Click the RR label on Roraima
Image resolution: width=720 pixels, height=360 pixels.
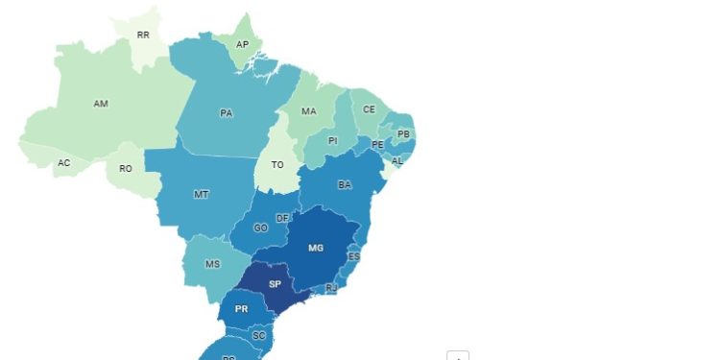pyautogui.click(x=143, y=35)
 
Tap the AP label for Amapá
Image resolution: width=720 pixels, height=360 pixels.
pyautogui.click(x=244, y=44)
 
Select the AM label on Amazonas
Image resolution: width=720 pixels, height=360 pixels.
pyautogui.click(x=101, y=104)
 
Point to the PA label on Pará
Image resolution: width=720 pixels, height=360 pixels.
pyautogui.click(x=227, y=113)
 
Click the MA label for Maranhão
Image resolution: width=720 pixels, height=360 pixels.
pyautogui.click(x=308, y=111)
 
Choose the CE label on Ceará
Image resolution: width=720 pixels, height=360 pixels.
pyautogui.click(x=369, y=109)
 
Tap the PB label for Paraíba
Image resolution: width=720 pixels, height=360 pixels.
pyautogui.click(x=403, y=133)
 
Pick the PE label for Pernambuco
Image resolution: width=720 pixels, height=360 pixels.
pyautogui.click(x=377, y=145)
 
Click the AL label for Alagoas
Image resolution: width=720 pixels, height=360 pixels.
pyautogui.click(x=397, y=161)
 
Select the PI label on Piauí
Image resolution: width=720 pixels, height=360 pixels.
pyautogui.click(x=333, y=141)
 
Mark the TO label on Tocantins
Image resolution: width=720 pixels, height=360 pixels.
pyautogui.click(x=276, y=164)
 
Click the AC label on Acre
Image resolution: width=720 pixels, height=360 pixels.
pyautogui.click(x=63, y=163)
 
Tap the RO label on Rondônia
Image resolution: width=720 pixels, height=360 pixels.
pyautogui.click(x=125, y=169)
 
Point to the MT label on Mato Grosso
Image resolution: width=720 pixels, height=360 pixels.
pyautogui.click(x=202, y=195)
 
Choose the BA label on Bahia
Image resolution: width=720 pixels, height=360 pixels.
pyautogui.click(x=345, y=184)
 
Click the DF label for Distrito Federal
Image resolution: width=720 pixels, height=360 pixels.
pyautogui.click(x=282, y=219)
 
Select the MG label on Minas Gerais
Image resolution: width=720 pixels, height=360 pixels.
pyautogui.click(x=316, y=248)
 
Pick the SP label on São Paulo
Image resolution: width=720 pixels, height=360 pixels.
pyautogui.click(x=275, y=285)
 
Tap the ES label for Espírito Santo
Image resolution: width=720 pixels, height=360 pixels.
pyautogui.click(x=354, y=257)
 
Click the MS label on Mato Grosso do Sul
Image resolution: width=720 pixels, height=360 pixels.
pyautogui.click(x=213, y=265)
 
